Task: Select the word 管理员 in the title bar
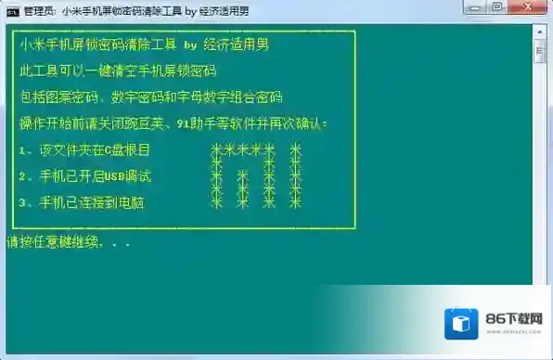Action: (x=41, y=12)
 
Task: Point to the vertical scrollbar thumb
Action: (x=539, y=50)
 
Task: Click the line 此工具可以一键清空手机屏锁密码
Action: (x=115, y=71)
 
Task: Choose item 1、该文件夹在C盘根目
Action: (x=84, y=149)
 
